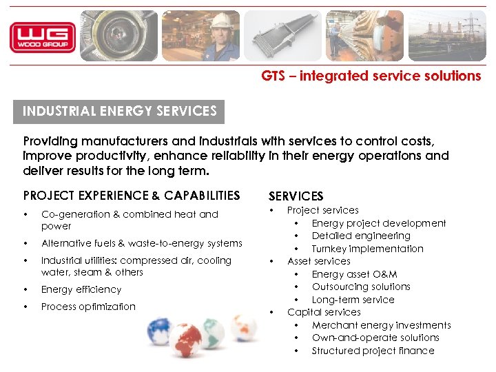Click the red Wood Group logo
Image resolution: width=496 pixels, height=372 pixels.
tap(43, 37)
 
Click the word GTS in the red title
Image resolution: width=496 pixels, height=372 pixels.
tap(273, 76)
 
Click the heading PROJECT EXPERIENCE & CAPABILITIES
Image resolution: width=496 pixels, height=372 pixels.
tap(132, 196)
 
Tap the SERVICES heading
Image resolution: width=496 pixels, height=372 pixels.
tap(296, 197)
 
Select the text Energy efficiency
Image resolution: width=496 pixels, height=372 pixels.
tap(81, 289)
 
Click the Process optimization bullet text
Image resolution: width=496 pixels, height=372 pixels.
tap(88, 307)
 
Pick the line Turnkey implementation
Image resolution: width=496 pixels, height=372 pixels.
tap(367, 249)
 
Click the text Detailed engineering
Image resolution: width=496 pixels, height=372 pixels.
tap(361, 236)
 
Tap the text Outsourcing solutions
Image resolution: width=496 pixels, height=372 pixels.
tap(361, 287)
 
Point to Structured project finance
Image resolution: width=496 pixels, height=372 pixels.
tap(373, 351)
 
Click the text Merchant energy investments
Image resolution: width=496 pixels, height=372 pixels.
tap(381, 325)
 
